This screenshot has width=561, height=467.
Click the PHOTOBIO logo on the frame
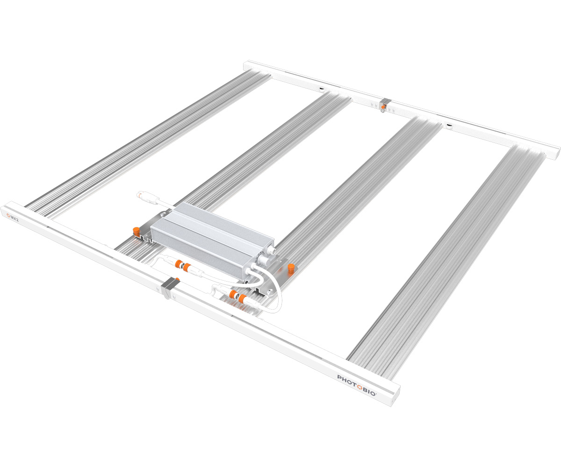(356, 384)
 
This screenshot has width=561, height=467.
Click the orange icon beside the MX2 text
(8, 215)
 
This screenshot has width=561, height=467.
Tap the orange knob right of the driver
(291, 268)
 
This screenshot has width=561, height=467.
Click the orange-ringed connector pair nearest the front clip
(182, 267)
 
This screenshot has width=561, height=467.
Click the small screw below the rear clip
(383, 111)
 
